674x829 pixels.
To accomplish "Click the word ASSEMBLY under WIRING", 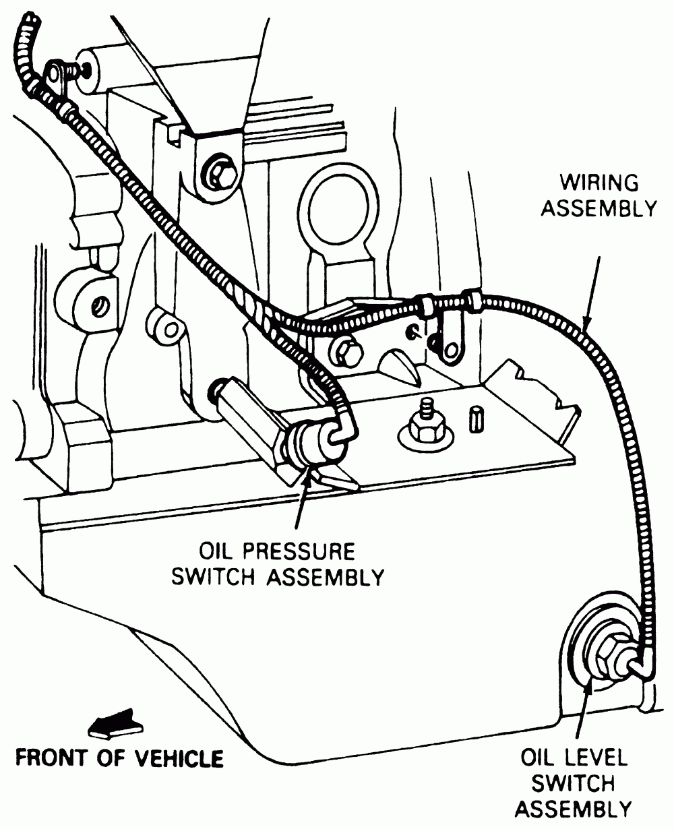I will pos(599,208).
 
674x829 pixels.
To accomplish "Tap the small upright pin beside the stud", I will pos(475,419).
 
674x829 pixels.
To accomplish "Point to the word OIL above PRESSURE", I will pos(218,553).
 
